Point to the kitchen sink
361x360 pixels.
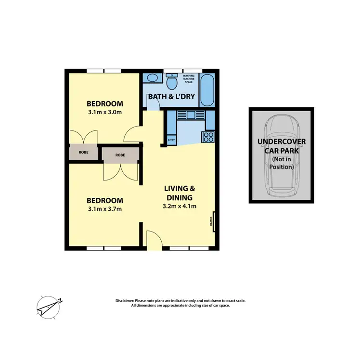pyautogui.click(x=190, y=115)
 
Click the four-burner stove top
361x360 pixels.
pyautogui.click(x=209, y=137)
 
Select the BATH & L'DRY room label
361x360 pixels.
pyautogui.click(x=171, y=97)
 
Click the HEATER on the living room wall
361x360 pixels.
pyautogui.click(x=211, y=221)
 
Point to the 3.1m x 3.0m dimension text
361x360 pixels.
pyautogui.click(x=104, y=113)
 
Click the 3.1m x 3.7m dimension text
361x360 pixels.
pyautogui.click(x=104, y=209)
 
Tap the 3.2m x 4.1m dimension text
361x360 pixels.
pyautogui.click(x=180, y=206)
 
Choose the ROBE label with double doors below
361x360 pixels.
pyautogui.click(x=120, y=155)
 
